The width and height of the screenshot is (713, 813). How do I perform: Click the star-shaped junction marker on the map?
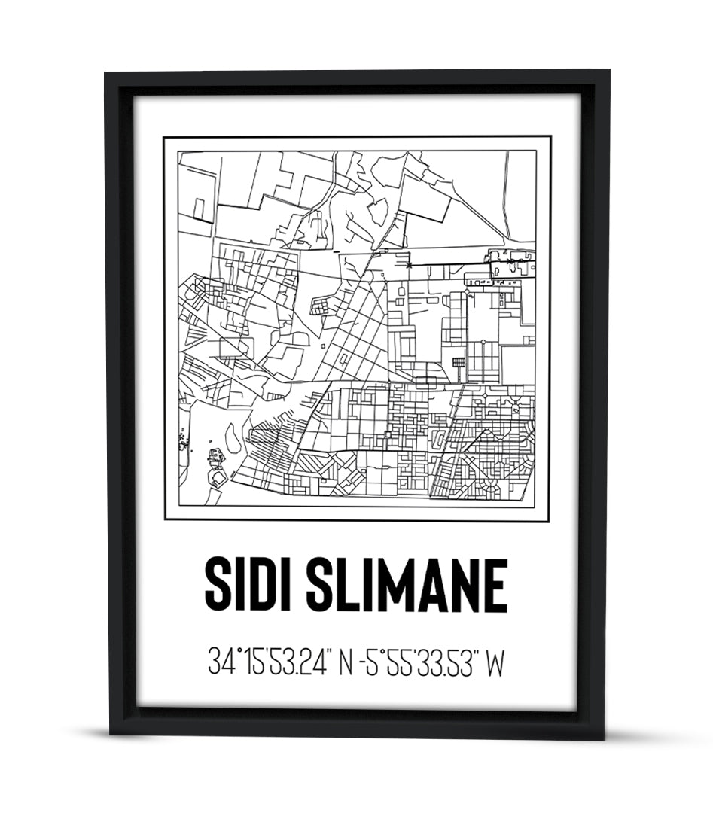(x=409, y=265)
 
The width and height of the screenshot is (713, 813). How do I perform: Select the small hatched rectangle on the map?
(x=459, y=362)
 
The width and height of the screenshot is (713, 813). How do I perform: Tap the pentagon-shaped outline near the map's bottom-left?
(x=218, y=477)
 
